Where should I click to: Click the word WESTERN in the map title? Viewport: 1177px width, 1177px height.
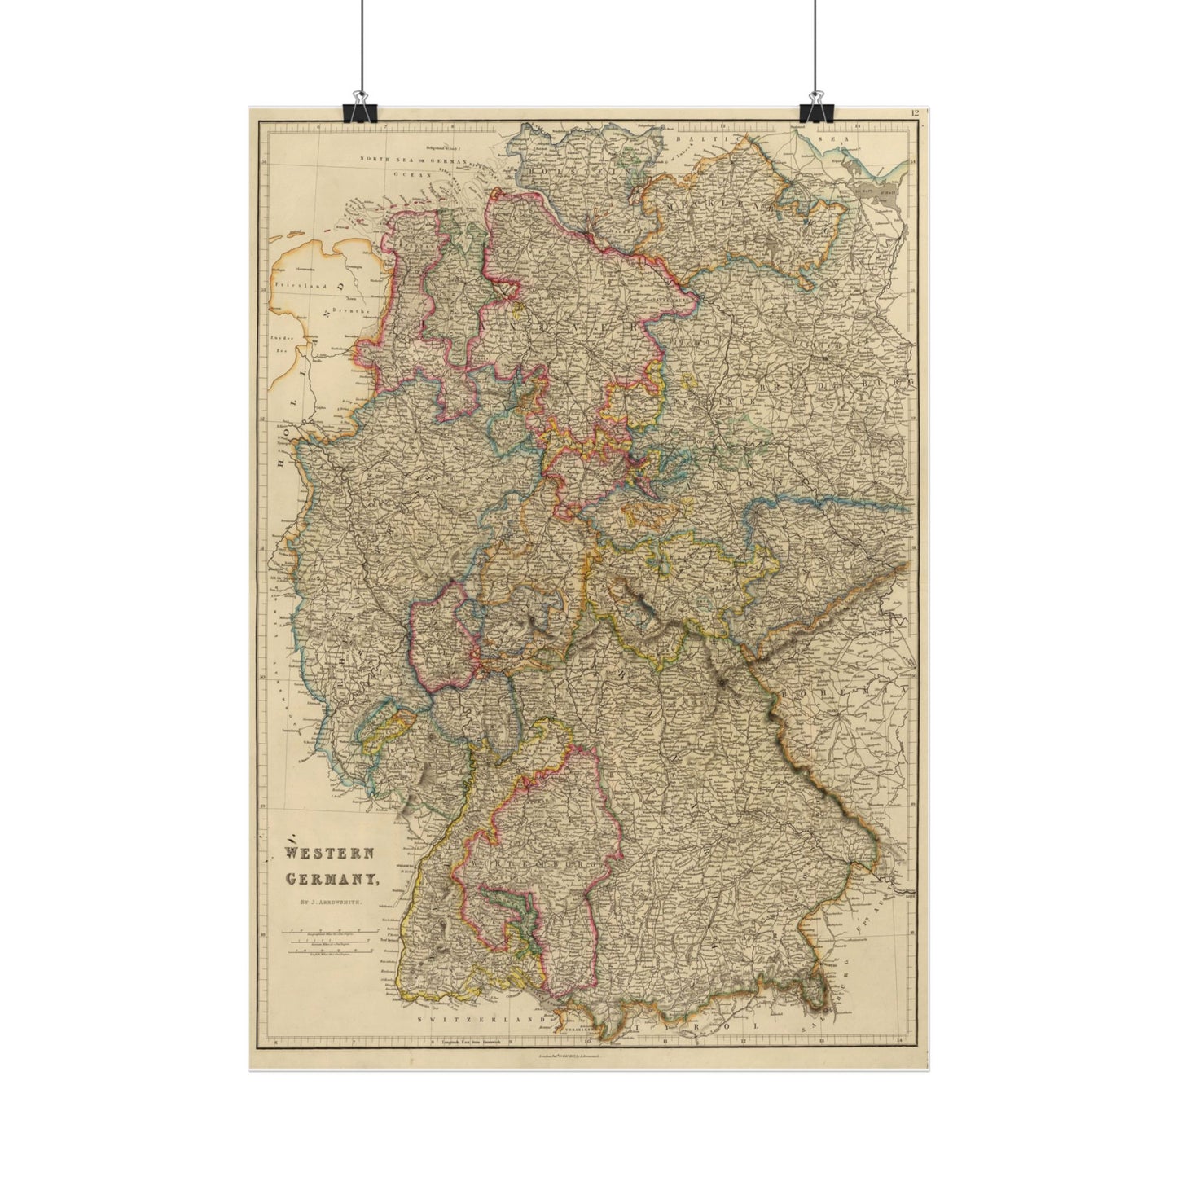[329, 854]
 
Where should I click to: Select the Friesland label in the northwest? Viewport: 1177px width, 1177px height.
[299, 287]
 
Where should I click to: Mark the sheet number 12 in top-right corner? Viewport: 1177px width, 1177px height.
[917, 113]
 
